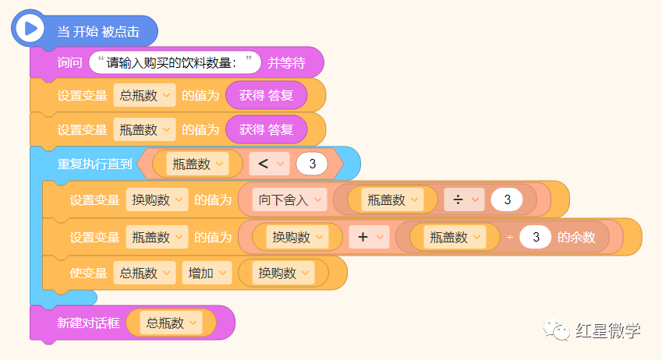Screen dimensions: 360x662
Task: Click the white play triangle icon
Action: point(31,29)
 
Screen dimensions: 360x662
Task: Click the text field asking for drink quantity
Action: point(175,62)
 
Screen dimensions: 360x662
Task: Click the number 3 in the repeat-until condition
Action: point(312,164)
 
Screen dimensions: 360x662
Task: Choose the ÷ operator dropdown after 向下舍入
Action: point(464,199)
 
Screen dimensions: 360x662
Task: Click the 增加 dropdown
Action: point(207,273)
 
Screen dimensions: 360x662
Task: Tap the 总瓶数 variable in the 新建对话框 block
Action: point(172,323)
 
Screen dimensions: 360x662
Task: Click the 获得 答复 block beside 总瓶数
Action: point(266,96)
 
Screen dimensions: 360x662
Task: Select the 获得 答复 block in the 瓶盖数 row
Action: point(266,129)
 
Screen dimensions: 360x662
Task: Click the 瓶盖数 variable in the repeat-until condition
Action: point(197,164)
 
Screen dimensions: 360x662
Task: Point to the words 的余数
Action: point(576,237)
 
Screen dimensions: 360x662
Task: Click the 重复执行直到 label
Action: point(94,164)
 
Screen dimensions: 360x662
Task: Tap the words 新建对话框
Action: point(88,323)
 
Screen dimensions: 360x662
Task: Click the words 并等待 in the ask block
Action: point(287,62)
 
